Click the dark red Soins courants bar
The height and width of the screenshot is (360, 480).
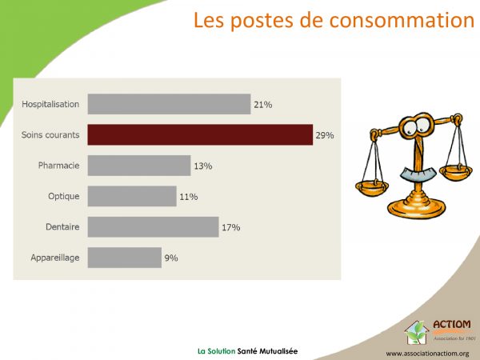[x=200, y=134]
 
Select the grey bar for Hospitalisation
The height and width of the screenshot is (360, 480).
[x=169, y=104]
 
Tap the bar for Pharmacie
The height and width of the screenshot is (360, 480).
[x=139, y=166]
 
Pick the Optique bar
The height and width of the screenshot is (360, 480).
[x=132, y=196]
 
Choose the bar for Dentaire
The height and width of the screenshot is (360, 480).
[x=153, y=227]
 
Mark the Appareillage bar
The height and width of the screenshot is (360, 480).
[x=125, y=258]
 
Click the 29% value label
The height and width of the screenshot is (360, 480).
[x=325, y=135]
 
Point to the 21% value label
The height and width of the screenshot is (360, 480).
[x=263, y=105]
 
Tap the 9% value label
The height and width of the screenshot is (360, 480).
[x=171, y=258]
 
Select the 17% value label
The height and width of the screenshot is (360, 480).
[x=231, y=227]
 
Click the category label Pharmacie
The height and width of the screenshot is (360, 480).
[x=58, y=166]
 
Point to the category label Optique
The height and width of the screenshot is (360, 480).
[x=64, y=196]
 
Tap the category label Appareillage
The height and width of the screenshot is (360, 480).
[x=55, y=258]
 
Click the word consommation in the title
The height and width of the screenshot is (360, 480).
[x=402, y=20]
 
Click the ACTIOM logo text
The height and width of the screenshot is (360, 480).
[x=452, y=324]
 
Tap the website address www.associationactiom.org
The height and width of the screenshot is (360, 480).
[x=427, y=354]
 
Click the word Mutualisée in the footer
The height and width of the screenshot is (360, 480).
[x=278, y=351]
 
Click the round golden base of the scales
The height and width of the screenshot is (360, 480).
[x=417, y=209]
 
